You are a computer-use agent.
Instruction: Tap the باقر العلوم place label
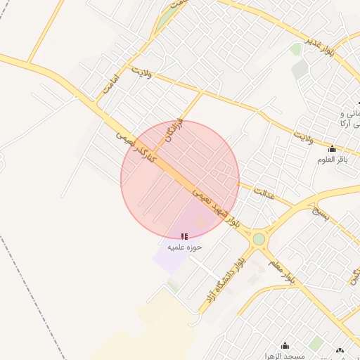coord(333,160)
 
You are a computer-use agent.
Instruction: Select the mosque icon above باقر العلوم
coord(333,149)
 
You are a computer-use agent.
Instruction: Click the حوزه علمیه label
coord(184,247)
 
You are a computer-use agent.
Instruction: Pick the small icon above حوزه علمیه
coord(184,237)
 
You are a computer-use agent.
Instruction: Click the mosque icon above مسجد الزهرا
coord(285,346)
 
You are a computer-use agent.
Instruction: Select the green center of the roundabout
coord(259,239)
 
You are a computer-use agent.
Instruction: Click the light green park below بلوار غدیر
coord(296,49)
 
